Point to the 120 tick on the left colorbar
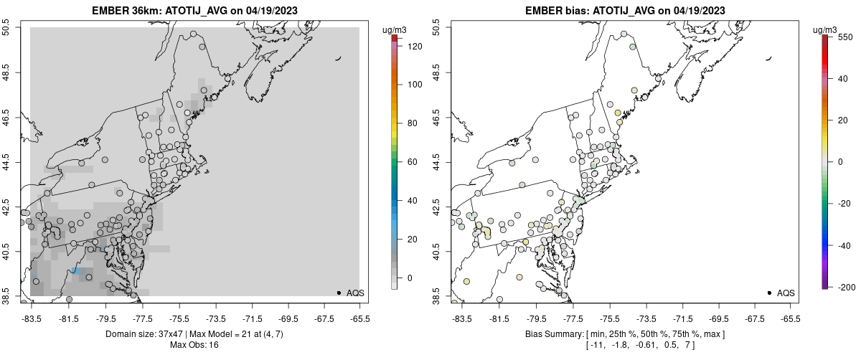(x=415, y=46)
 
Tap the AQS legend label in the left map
(x=355, y=293)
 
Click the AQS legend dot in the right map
(x=768, y=293)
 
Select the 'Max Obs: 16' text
(x=194, y=345)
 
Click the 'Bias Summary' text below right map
(x=553, y=334)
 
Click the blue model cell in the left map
(x=74, y=272)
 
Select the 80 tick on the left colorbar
(x=412, y=123)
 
